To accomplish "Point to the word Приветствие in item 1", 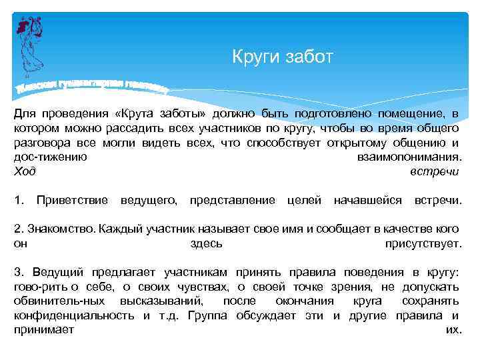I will coord(72,200).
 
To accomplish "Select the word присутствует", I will coord(423,244).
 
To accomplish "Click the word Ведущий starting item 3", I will coord(58,273).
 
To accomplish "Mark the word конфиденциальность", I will coord(74,315).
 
